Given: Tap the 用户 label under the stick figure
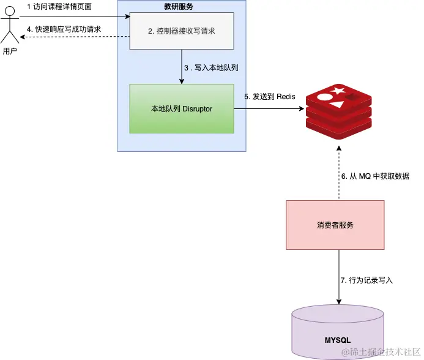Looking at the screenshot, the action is click(x=10, y=51).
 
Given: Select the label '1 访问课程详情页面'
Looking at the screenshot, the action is click(x=59, y=7).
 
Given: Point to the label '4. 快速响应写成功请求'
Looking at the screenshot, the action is click(x=64, y=29).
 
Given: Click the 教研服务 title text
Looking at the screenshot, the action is click(x=179, y=7).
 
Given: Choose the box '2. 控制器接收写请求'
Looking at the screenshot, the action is click(x=182, y=31).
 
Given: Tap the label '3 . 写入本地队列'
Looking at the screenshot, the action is click(x=211, y=68).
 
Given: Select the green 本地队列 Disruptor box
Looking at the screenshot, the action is click(x=182, y=108).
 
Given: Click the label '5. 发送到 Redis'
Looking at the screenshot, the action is click(x=270, y=97).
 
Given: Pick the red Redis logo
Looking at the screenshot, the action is click(x=339, y=112).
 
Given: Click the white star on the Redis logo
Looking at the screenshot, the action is click(x=338, y=91).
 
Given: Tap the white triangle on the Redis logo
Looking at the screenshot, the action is click(x=337, y=105).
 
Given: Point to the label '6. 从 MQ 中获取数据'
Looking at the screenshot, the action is click(x=375, y=176).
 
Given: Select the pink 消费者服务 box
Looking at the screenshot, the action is click(x=335, y=225).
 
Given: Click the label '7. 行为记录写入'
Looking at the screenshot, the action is click(x=366, y=280).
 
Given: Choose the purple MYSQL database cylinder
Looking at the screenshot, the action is click(x=338, y=332).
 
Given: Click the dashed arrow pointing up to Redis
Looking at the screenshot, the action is click(x=339, y=173).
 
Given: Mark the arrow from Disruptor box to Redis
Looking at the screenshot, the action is click(x=269, y=109).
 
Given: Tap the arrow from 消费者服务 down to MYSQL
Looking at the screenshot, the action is click(x=339, y=277).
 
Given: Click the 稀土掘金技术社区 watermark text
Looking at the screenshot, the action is click(x=381, y=351).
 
